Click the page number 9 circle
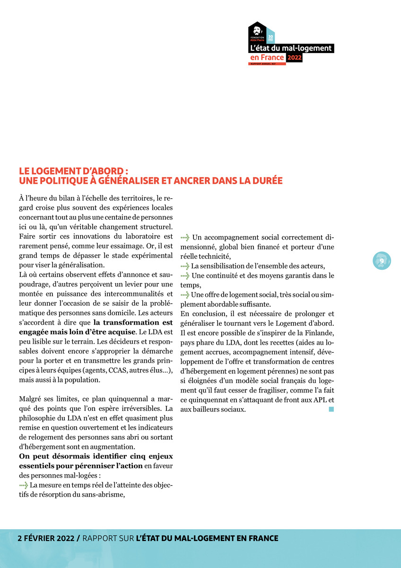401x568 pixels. [382, 261]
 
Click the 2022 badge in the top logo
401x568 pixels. [294, 58]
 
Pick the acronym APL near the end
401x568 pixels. [320, 399]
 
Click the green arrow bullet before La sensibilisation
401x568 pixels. [185, 266]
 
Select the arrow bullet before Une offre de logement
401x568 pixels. [185, 294]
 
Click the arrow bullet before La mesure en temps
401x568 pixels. [24, 486]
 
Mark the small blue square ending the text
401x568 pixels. [331, 409]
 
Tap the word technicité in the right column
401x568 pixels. [212, 256]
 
